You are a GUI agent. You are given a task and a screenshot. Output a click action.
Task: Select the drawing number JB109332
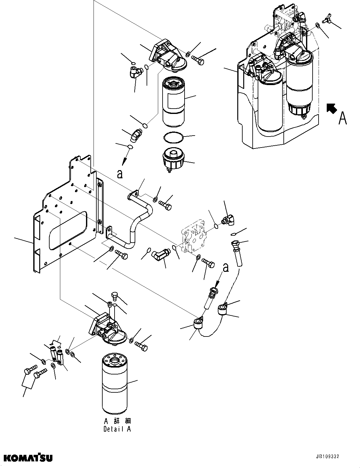click(x=327, y=457)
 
